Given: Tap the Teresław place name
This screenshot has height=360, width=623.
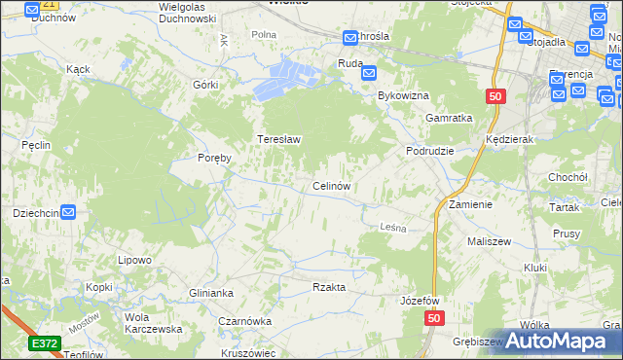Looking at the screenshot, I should coord(278,139).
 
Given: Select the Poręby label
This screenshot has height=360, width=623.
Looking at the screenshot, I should coord(214,158).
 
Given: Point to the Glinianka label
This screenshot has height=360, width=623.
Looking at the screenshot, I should coord(211,292).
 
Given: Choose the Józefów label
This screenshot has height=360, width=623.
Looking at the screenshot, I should coord(421,301).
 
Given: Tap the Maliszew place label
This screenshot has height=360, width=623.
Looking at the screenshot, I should coord(489,240).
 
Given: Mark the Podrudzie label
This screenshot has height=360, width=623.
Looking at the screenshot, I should coord(430,152).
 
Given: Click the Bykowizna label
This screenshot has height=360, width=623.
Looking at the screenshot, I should coord(403,96).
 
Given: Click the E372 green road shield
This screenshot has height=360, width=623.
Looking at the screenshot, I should coord(44,343).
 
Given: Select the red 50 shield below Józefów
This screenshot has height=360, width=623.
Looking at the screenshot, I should coord(434,319).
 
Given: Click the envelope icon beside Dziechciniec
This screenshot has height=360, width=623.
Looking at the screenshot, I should coord(69,211).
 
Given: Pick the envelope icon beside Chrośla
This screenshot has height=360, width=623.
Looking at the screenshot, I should coord(350,37).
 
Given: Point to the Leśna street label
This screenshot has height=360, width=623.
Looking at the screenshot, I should coord(390,226).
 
